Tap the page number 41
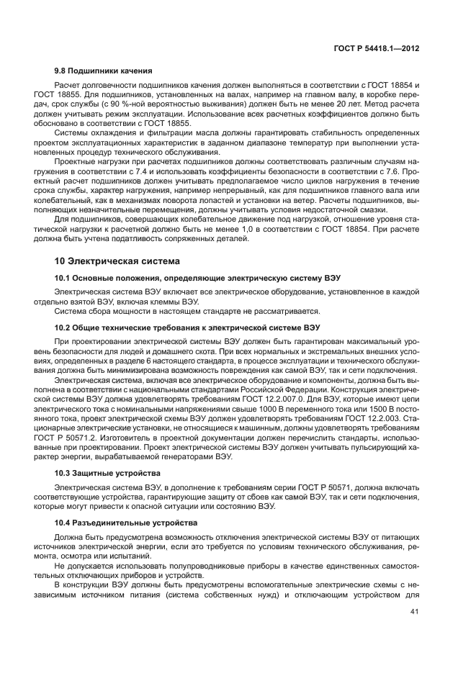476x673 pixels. click(415, 613)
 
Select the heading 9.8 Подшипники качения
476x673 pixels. click(103, 71)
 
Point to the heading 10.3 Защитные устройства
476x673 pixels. click(107, 472)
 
